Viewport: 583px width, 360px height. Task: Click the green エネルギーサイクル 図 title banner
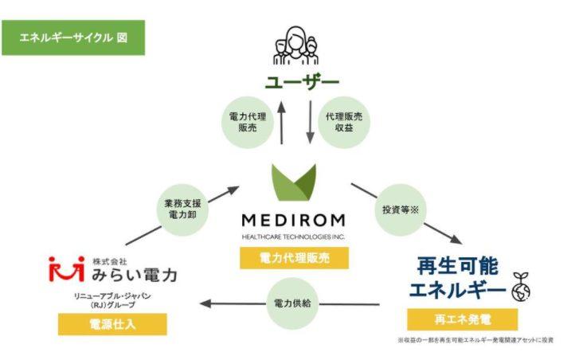tap(73, 37)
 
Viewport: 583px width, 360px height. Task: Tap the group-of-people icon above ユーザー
tap(296, 45)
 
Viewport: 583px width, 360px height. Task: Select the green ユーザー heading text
tap(302, 83)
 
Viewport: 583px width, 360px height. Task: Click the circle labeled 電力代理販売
tap(248, 123)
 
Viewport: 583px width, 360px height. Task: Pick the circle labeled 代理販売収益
tap(344, 123)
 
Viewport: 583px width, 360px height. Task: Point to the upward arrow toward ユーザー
tap(281, 123)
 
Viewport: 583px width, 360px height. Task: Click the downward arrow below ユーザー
tap(310, 123)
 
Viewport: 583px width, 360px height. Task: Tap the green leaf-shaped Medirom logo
tap(294, 182)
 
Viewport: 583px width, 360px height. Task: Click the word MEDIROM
tap(293, 221)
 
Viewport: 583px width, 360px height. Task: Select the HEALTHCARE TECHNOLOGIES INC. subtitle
tap(293, 237)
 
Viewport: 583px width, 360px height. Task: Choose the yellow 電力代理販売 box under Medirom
tap(294, 258)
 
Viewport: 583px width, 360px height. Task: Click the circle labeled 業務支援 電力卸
tap(182, 209)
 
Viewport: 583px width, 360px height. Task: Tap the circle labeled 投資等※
tap(401, 209)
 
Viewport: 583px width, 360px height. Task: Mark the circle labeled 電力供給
tap(292, 303)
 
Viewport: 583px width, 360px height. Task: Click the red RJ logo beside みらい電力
tap(67, 268)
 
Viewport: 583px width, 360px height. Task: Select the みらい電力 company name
tap(135, 275)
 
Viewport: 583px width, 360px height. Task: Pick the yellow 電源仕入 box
tap(112, 324)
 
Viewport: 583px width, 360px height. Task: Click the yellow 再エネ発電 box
tap(463, 319)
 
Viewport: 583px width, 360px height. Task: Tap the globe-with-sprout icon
tap(521, 287)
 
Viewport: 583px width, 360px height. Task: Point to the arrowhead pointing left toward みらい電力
tap(205, 303)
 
